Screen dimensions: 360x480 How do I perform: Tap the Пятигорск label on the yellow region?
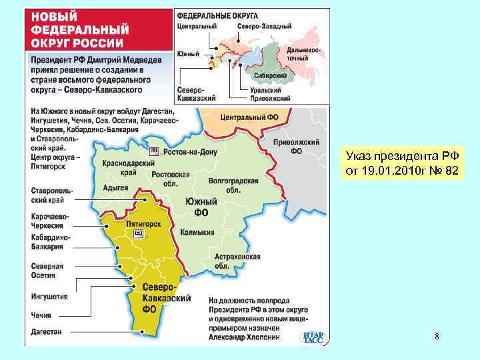(x=144, y=224)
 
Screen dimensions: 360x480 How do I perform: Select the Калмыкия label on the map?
(x=197, y=233)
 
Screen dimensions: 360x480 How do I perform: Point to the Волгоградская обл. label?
(x=224, y=185)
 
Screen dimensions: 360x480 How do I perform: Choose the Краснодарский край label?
(x=128, y=167)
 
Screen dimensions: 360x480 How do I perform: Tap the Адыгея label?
(x=116, y=188)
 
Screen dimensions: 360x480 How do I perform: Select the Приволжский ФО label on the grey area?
(x=296, y=147)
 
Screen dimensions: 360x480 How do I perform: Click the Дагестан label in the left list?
(x=46, y=331)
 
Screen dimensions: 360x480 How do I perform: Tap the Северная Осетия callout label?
(x=47, y=271)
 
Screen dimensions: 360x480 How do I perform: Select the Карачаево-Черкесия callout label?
(x=50, y=220)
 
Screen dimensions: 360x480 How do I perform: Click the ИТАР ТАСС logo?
(x=313, y=337)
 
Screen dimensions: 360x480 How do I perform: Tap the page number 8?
(x=437, y=337)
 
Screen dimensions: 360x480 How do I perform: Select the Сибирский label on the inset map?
(x=270, y=76)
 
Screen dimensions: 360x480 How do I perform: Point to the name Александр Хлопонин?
(x=253, y=338)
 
